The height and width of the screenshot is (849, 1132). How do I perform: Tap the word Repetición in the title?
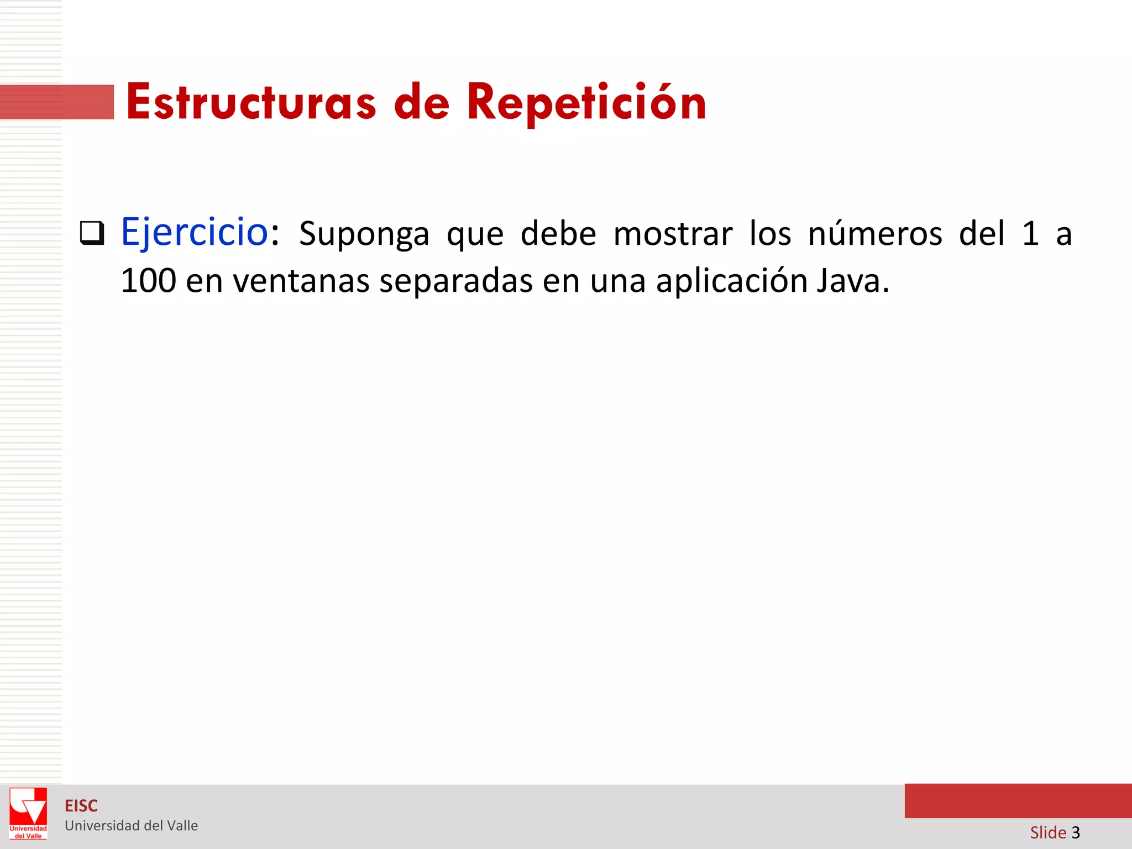[586, 102]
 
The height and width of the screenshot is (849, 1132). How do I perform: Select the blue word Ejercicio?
[195, 232]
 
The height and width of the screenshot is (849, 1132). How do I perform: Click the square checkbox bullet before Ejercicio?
[92, 233]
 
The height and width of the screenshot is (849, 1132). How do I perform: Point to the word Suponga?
[364, 234]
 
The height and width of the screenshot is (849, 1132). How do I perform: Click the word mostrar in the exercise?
[673, 234]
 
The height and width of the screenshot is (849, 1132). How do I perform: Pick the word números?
[875, 233]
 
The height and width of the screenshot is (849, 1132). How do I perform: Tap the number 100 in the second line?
[148, 281]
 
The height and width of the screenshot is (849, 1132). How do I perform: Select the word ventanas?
[301, 281]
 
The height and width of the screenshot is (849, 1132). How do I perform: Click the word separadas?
[456, 281]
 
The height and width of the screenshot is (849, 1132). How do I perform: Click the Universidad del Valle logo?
[28, 813]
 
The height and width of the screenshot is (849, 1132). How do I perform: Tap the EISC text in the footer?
[81, 806]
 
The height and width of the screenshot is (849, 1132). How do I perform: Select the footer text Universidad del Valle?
[131, 826]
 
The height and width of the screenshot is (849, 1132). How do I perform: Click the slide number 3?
[1076, 832]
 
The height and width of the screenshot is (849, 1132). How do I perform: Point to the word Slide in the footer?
[1048, 832]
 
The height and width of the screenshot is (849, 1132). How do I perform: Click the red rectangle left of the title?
[57, 102]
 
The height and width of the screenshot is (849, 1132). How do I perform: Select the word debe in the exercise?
[558, 233]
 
